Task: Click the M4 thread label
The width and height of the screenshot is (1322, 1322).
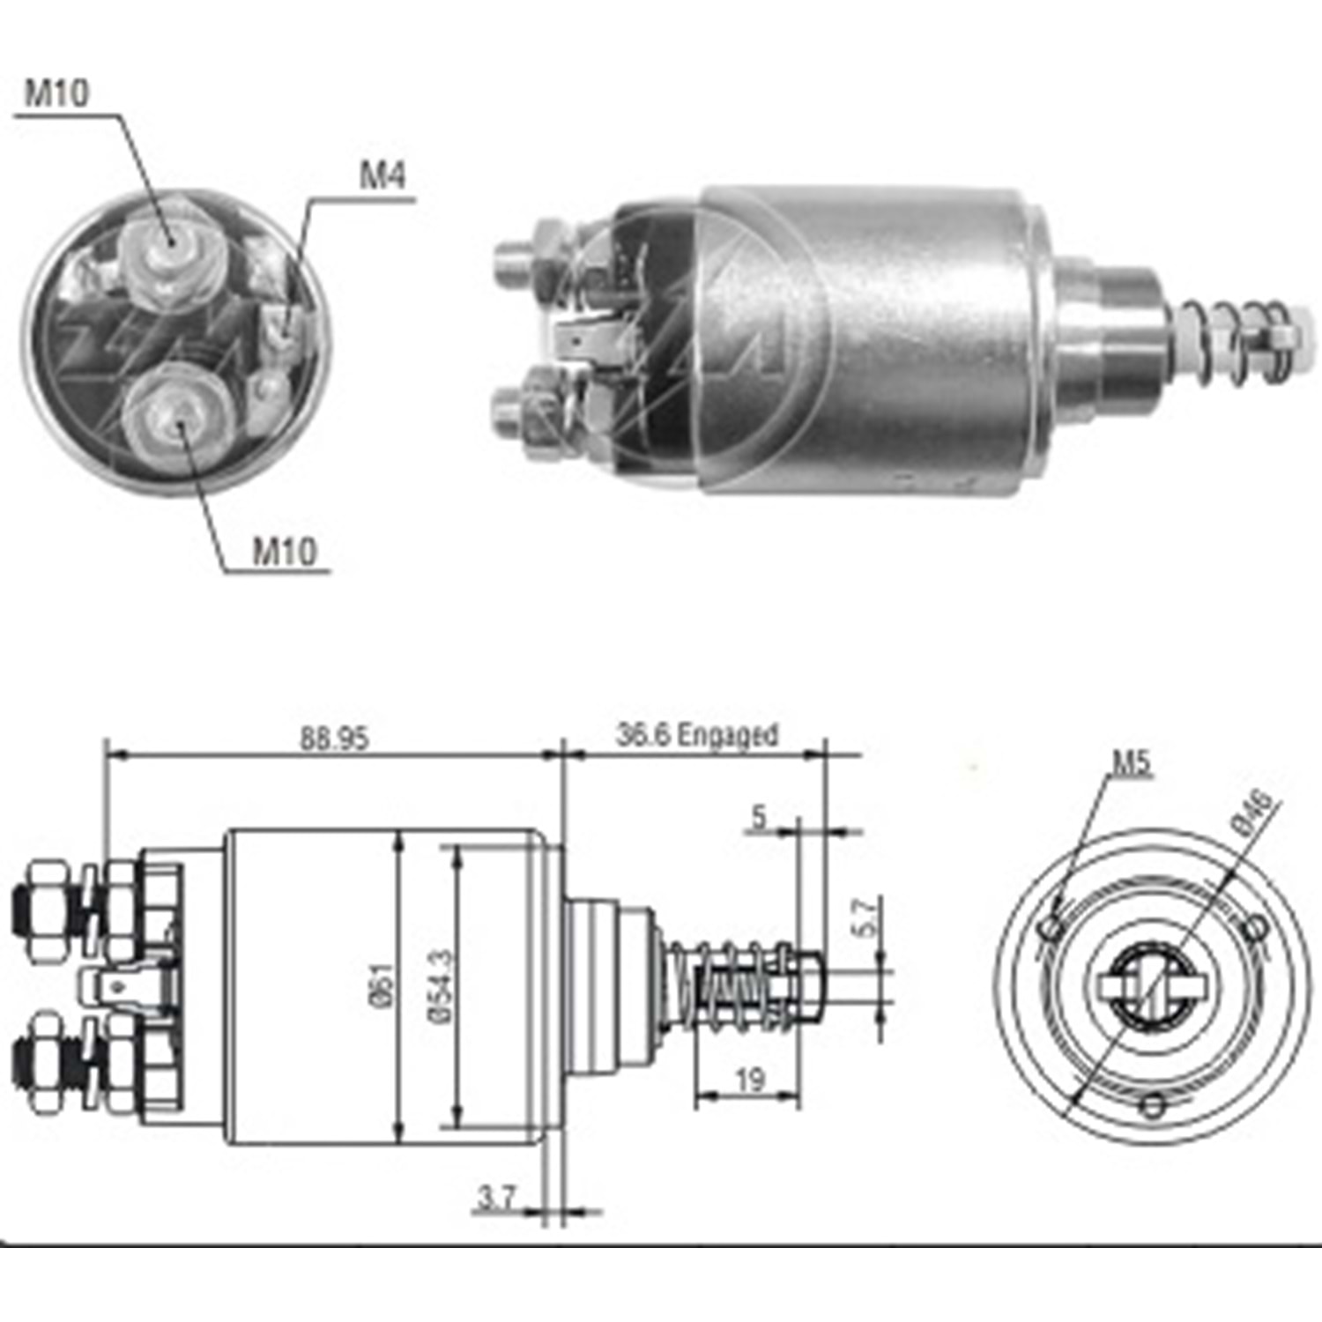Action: pyautogui.click(x=382, y=175)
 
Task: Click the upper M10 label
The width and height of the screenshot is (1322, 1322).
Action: pyautogui.click(x=56, y=93)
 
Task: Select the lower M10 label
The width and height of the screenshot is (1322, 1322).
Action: pyautogui.click(x=284, y=552)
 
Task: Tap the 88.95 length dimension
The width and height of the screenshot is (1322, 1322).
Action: pyautogui.click(x=334, y=738)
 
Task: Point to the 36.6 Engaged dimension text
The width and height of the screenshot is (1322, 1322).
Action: pyautogui.click(x=697, y=734)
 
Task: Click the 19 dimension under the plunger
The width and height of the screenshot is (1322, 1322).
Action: pyautogui.click(x=749, y=1080)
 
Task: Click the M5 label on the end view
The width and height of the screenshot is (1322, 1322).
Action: pyautogui.click(x=1131, y=762)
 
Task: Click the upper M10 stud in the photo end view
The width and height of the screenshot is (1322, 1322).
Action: pyautogui.click(x=169, y=242)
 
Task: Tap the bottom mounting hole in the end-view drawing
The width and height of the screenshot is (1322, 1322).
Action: pyautogui.click(x=1153, y=1105)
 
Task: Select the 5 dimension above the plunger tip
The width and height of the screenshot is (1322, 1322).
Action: pyautogui.click(x=759, y=818)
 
